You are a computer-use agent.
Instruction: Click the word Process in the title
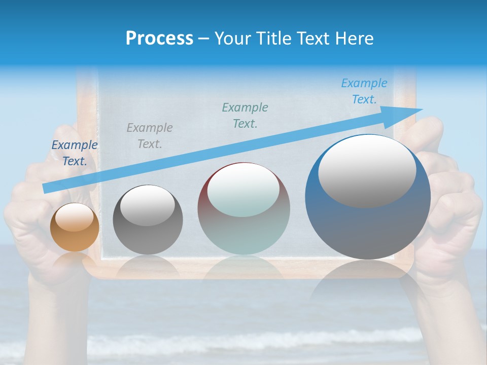pyautogui.click(x=159, y=39)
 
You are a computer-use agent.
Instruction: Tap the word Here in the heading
pyautogui.click(x=354, y=39)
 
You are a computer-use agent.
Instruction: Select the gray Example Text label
pyautogui.click(x=149, y=136)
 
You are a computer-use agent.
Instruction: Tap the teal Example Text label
pyautogui.click(x=245, y=115)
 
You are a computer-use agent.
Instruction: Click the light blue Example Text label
pyautogui.click(x=364, y=91)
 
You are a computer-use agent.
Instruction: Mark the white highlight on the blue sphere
pyautogui.click(x=367, y=171)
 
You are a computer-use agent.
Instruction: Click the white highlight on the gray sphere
pyautogui.click(x=148, y=205)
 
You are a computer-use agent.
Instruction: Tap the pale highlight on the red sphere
pyautogui.click(x=243, y=190)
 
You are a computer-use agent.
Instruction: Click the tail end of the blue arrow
pyautogui.click(x=46, y=189)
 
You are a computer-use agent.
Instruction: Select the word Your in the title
pyautogui.click(x=233, y=39)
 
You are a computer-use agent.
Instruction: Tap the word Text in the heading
pyautogui.click(x=314, y=39)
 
